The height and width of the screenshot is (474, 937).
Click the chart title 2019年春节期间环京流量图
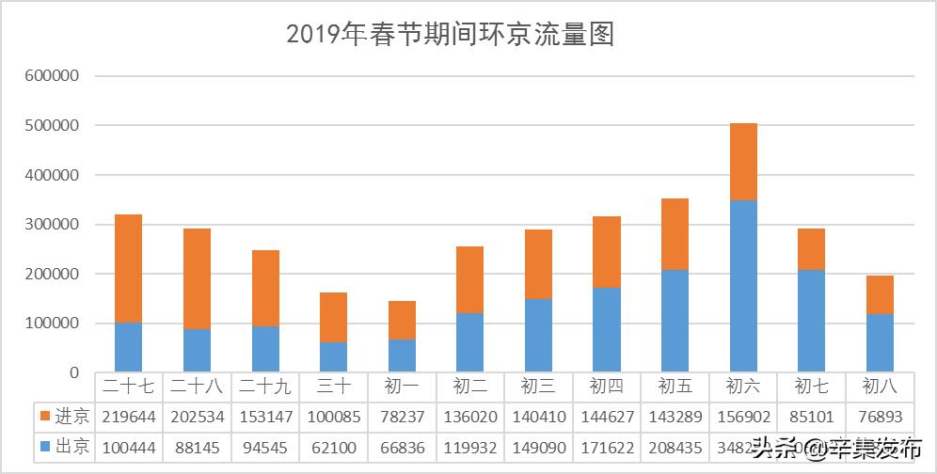click(x=450, y=35)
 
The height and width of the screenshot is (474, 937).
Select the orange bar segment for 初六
click(x=742, y=162)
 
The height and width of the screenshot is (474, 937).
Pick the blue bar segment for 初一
click(x=402, y=356)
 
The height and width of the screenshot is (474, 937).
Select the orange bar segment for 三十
click(x=333, y=318)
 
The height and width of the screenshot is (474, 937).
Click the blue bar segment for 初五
click(x=674, y=321)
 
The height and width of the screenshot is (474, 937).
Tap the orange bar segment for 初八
click(x=880, y=295)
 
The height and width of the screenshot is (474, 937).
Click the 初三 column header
click(x=538, y=386)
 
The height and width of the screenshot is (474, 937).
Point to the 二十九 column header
click(x=265, y=386)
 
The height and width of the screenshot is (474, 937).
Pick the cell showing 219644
click(x=128, y=416)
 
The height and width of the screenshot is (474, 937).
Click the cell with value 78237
click(x=402, y=416)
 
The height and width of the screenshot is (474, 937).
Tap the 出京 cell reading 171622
click(x=606, y=447)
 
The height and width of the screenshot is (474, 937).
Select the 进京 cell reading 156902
click(x=742, y=416)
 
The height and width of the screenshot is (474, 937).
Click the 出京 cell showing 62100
click(x=333, y=447)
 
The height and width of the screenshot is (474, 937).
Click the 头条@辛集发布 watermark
click(x=837, y=448)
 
